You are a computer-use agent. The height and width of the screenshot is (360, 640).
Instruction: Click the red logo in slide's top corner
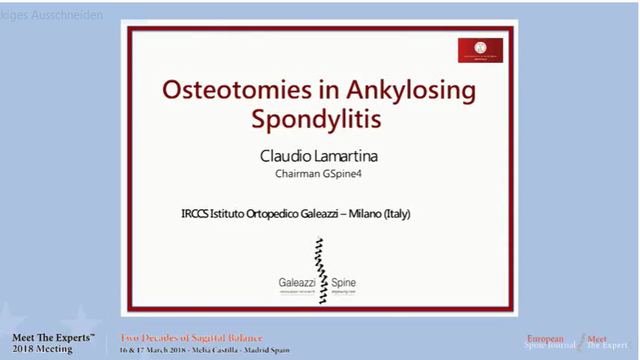[x=480, y=50]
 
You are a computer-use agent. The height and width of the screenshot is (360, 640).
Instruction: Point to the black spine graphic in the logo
[x=320, y=270]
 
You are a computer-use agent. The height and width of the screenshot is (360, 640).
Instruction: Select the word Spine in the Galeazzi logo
[x=344, y=283]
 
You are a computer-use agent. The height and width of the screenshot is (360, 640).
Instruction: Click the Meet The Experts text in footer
[x=53, y=338]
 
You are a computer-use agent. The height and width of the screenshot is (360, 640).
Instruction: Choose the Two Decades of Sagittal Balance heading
[x=191, y=338]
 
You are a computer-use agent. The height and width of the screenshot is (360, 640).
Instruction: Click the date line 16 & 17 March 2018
[x=159, y=350]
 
